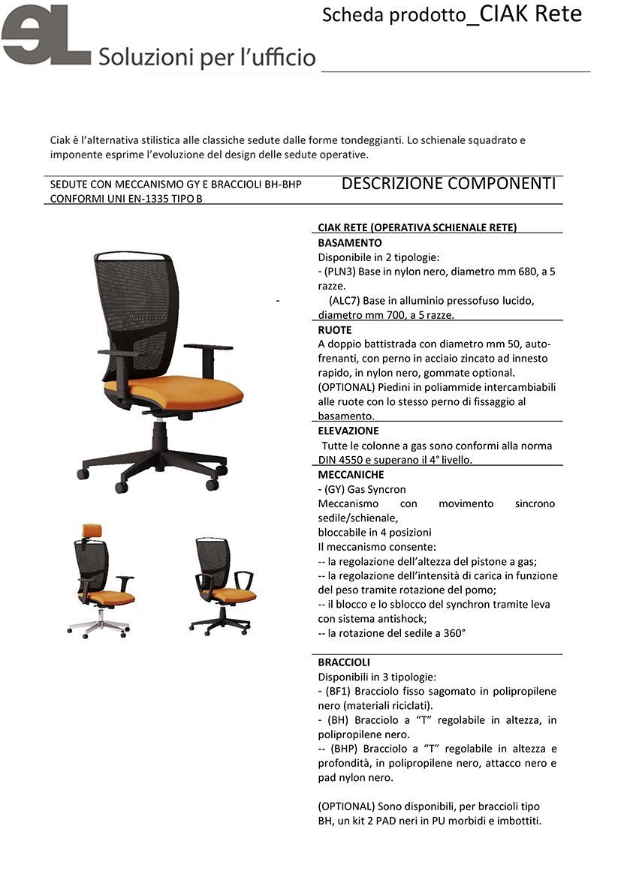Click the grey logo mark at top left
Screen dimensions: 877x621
pyautogui.click(x=45, y=36)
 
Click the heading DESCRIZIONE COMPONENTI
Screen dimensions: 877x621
pyautogui.click(x=448, y=184)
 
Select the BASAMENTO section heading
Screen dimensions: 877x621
pyautogui.click(x=350, y=243)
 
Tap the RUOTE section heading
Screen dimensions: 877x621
pyautogui.click(x=335, y=329)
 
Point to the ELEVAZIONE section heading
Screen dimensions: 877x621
pyautogui.click(x=348, y=431)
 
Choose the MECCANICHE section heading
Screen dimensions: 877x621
pyautogui.click(x=351, y=475)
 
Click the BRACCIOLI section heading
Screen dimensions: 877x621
pyautogui.click(x=344, y=662)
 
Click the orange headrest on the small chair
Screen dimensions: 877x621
pyautogui.click(x=92, y=530)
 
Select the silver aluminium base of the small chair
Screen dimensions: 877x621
pyautogui.click(x=98, y=627)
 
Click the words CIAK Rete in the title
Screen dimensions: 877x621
pyautogui.click(x=531, y=14)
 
